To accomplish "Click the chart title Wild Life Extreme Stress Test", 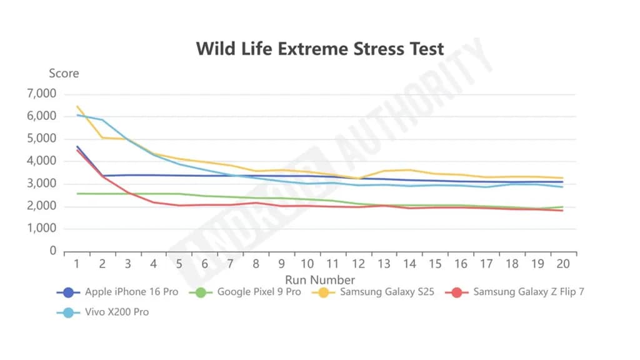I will (320, 49).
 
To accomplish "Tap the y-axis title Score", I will (64, 73).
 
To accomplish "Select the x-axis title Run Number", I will (320, 279).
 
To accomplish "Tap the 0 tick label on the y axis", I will (52, 251).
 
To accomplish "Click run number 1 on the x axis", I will (77, 264).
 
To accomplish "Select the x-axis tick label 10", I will (307, 264).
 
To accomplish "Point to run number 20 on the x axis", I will (562, 264).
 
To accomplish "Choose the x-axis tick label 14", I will (409, 264).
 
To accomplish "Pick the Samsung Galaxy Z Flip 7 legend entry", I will (528, 292).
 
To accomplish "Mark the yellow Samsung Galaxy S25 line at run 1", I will (77, 106).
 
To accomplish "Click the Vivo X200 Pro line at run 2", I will (102, 120).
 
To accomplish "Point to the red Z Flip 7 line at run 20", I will (562, 211).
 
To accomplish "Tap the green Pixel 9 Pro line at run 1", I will (77, 194).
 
